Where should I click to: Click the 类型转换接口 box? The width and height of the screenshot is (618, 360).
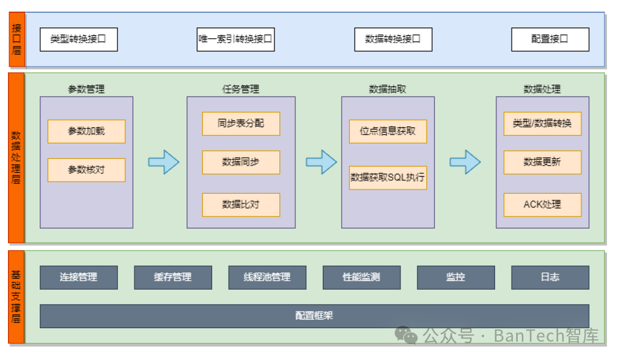tap(78, 39)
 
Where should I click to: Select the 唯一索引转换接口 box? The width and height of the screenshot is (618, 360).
tap(235, 39)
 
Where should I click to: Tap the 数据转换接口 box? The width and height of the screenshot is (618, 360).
tap(393, 39)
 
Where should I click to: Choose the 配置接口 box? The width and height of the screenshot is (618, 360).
tap(550, 39)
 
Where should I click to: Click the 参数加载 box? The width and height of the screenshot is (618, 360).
tap(86, 131)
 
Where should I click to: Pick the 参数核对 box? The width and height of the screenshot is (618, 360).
tap(86, 170)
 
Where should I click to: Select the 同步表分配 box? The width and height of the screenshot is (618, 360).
tap(241, 123)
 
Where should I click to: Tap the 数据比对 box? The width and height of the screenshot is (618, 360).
tap(241, 205)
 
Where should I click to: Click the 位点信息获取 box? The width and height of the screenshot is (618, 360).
tap(388, 131)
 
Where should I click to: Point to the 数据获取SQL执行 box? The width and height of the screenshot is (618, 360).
tap(388, 178)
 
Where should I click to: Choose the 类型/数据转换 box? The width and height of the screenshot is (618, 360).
tap(542, 123)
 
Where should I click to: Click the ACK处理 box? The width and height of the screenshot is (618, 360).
tap(542, 205)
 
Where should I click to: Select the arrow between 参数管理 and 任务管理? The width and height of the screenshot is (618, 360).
tap(163, 162)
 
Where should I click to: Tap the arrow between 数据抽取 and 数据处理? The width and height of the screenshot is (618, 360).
tap(465, 162)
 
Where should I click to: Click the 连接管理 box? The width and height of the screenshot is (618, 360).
tap(78, 277)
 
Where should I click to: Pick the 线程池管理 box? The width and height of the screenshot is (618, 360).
tap(267, 277)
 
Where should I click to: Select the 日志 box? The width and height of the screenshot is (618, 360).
tap(550, 277)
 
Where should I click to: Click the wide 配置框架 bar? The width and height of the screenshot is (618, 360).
tap(314, 316)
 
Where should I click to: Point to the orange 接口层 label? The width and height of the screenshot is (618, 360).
tap(17, 39)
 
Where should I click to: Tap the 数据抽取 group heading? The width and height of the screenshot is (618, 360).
tap(388, 89)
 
